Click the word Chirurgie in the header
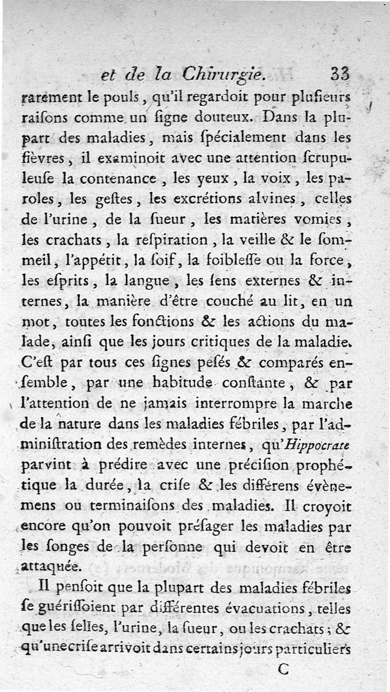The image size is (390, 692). pos(224,74)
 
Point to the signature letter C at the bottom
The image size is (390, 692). pos(283,669)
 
